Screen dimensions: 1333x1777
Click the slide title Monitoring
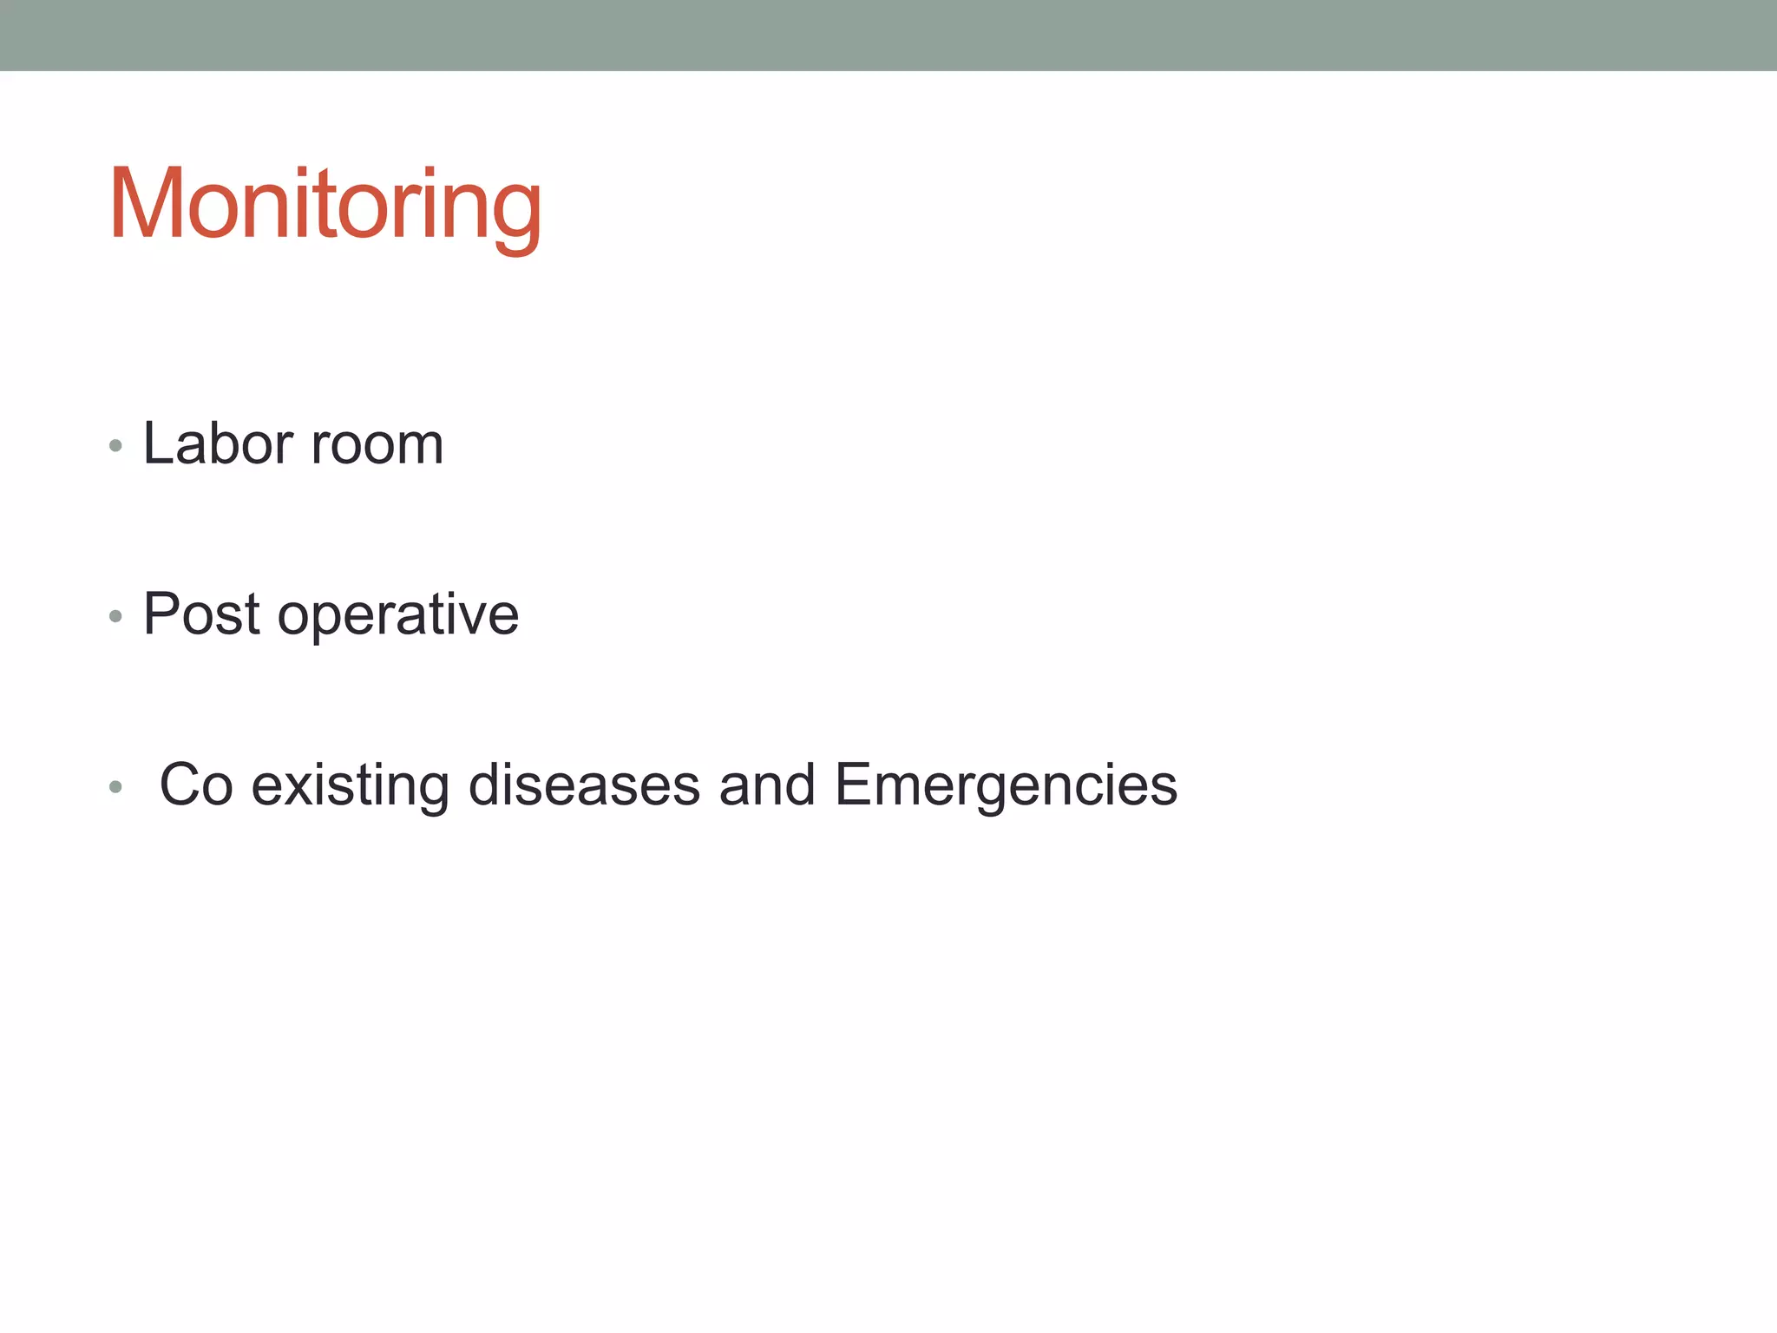click(325, 205)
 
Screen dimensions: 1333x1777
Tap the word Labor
click(218, 443)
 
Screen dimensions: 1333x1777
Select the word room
click(377, 443)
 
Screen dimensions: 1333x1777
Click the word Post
click(201, 614)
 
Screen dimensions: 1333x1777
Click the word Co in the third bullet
click(197, 785)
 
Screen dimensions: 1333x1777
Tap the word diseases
click(584, 785)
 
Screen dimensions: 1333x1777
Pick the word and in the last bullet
click(767, 785)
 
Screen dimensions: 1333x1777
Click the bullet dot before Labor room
click(115, 447)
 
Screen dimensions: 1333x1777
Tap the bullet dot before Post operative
click(115, 617)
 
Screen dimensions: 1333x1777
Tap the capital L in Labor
click(159, 443)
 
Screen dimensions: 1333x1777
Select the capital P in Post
click(162, 614)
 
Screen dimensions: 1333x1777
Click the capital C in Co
click(181, 785)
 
